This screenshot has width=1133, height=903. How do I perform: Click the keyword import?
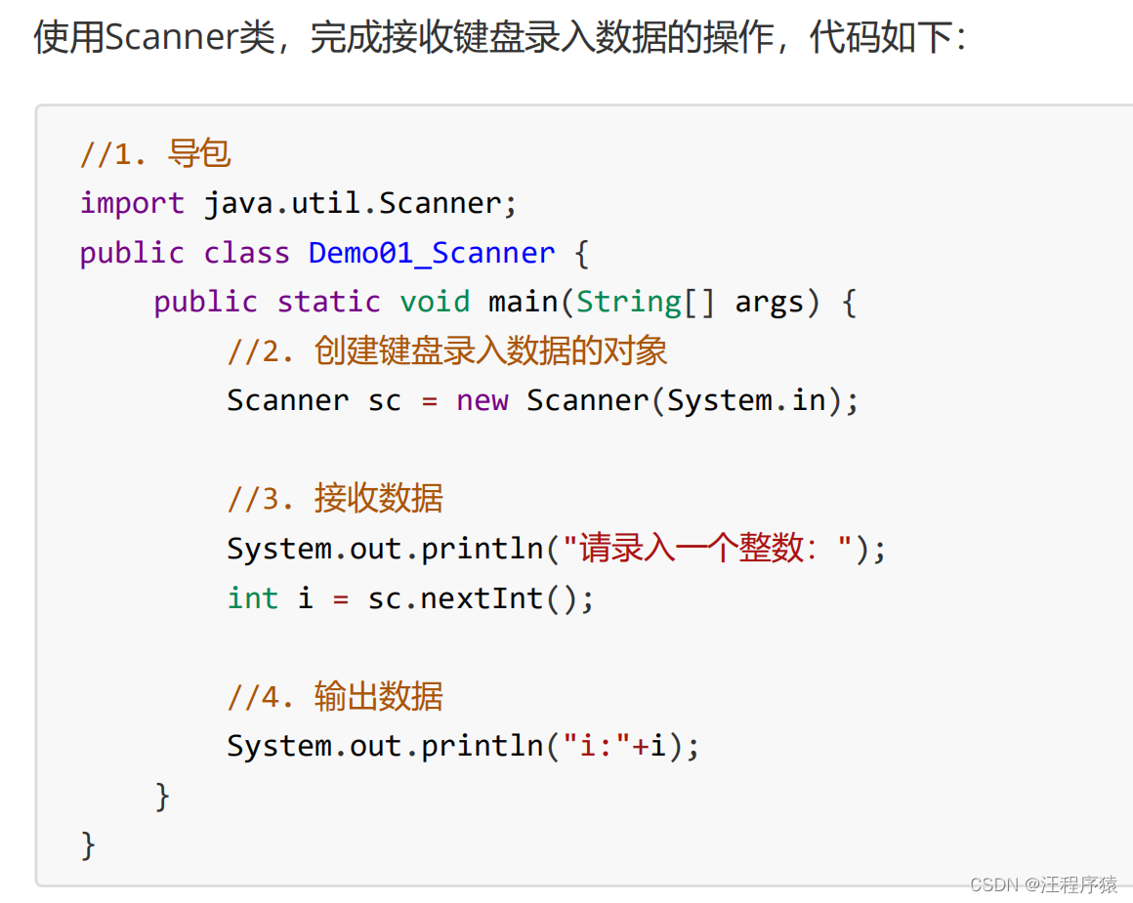(132, 204)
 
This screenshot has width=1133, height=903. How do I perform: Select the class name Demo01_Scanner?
(432, 253)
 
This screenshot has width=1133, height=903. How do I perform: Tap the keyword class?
(246, 253)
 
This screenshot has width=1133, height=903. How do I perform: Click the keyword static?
(329, 302)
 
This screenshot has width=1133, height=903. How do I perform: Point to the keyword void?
(435, 302)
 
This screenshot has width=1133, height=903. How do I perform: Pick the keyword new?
(482, 401)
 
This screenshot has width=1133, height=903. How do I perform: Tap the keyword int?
(253, 598)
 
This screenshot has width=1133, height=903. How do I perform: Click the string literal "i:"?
(596, 746)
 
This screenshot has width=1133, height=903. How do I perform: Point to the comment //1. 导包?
(155, 154)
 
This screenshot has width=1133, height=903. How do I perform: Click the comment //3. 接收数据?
(335, 499)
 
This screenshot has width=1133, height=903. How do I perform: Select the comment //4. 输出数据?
(335, 696)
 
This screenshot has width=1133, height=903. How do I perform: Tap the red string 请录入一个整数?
(692, 549)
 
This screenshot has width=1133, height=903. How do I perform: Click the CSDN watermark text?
(1043, 884)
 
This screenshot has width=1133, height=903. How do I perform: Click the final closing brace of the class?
(88, 845)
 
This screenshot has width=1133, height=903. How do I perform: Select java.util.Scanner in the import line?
(353, 204)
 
